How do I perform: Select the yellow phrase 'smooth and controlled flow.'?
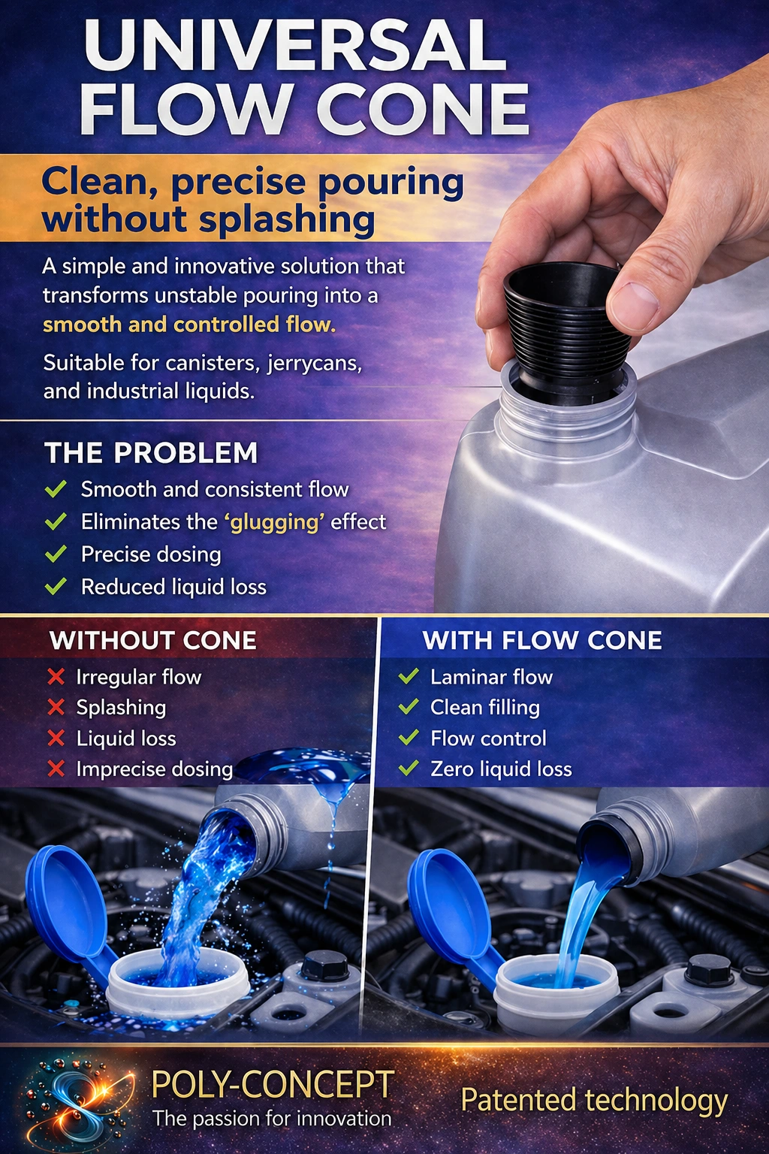[x=189, y=325]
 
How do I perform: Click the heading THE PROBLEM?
[x=151, y=453]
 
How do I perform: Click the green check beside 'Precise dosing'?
[x=56, y=554]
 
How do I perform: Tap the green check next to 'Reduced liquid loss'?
[x=56, y=587]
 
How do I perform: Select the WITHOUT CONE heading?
[x=153, y=640]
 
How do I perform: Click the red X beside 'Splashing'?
[x=56, y=707]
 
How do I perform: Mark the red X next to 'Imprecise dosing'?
[x=56, y=769]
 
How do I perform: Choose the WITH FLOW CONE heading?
[x=542, y=640]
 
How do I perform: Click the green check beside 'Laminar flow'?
[x=409, y=677]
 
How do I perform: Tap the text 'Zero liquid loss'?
[x=501, y=769]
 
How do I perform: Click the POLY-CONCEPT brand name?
[x=273, y=1085]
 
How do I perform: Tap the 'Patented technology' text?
[x=594, y=1101]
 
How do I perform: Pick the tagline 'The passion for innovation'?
[x=272, y=1119]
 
